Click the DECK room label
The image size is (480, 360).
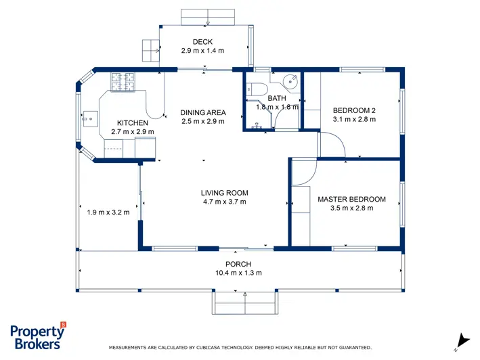pos(202,41)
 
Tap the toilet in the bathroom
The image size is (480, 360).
pos(257,89)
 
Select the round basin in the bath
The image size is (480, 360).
pos(290,81)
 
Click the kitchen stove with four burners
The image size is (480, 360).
pos(123,82)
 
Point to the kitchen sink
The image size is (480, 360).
pos(89,118)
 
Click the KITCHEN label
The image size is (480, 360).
pos(133,123)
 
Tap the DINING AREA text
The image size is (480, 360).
pos(203,112)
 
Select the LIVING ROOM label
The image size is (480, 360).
pos(224,193)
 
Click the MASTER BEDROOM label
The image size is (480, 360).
pos(352,200)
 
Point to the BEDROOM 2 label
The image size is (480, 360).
pos(354,110)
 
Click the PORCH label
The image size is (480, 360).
pos(238,264)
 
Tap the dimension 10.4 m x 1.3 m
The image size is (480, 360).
pos(238,273)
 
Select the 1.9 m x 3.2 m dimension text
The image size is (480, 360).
pos(108,212)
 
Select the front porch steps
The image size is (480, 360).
pos(245,302)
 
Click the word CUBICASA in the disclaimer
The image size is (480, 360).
pos(208,347)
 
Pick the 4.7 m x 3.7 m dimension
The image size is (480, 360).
pos(224,202)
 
